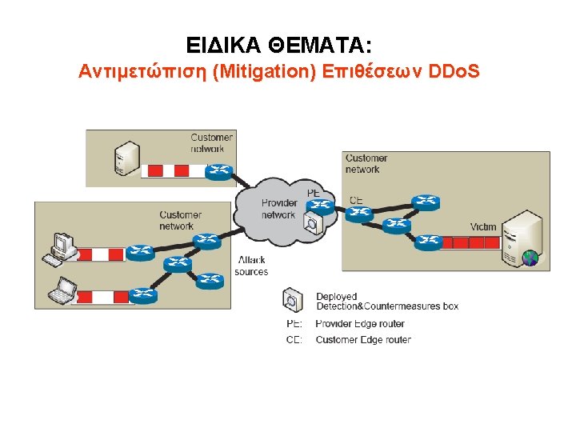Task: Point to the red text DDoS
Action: point(454,72)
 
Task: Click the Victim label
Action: point(483,227)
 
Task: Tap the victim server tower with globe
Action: point(520,238)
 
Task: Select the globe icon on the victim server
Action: point(529,258)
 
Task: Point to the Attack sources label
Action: point(251,266)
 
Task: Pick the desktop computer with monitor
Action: point(62,249)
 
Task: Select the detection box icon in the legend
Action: point(293,301)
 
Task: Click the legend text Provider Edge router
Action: point(360,324)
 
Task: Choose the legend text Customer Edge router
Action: point(363,340)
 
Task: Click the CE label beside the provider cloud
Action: point(356,199)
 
